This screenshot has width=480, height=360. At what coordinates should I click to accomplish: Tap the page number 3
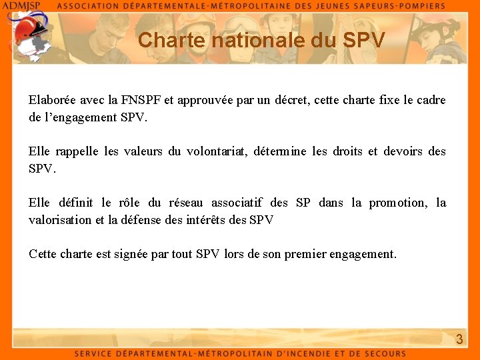coord(459,339)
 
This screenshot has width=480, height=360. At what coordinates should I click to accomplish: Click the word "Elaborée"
coord(52,101)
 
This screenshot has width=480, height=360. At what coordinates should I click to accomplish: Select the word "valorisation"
coord(61,219)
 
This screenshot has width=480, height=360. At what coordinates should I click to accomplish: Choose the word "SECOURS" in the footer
coord(383,353)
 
